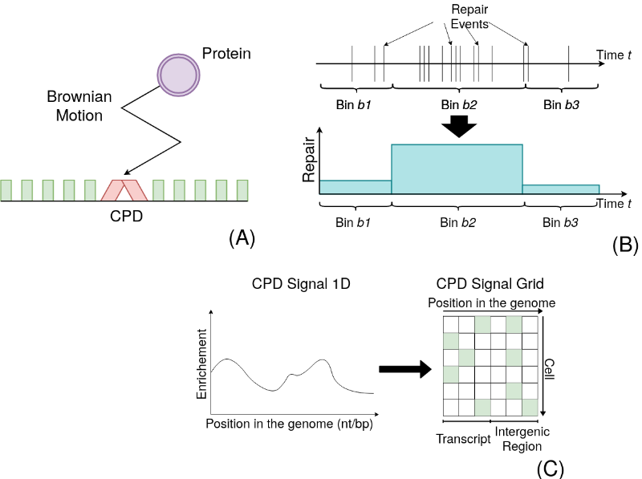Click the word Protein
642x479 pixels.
226,54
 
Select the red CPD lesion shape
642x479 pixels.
124,190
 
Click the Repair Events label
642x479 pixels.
469,16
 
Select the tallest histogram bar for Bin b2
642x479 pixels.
457,168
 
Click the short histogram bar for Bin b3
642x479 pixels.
560,189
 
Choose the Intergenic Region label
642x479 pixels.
518,439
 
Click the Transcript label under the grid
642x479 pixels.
463,440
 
